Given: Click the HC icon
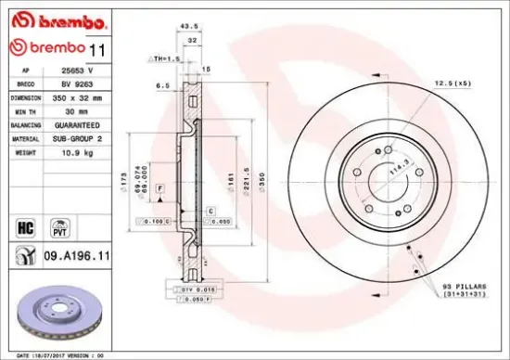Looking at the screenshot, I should click(x=26, y=225).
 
